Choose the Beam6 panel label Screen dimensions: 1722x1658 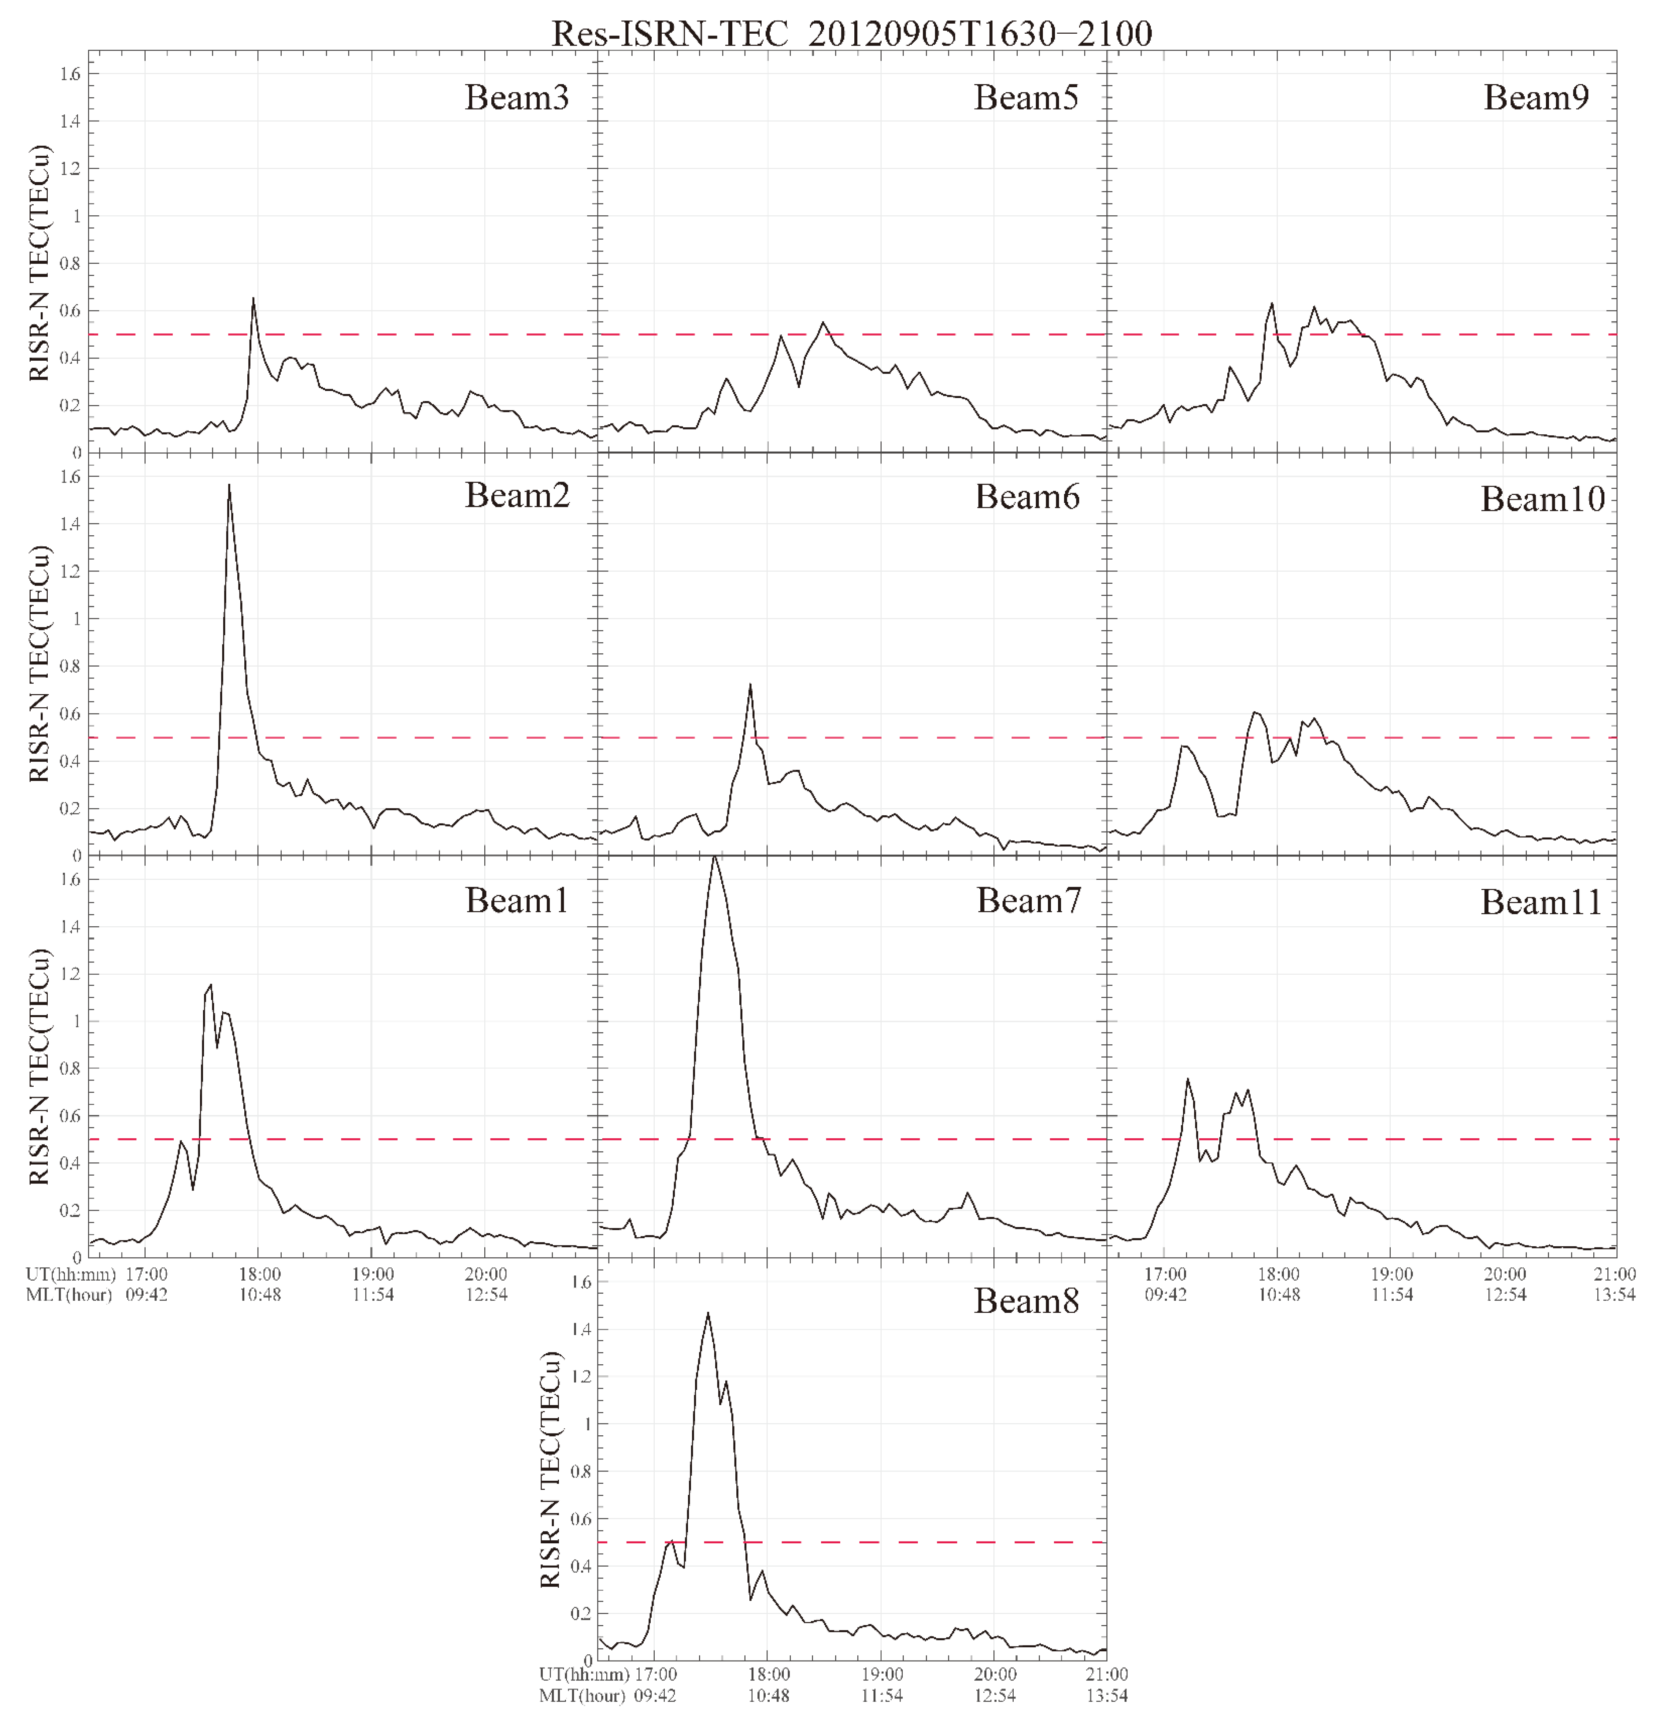click(1027, 497)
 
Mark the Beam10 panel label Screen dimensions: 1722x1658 click(1542, 499)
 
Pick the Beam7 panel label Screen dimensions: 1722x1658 click(1028, 900)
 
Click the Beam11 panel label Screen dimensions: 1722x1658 click(1541, 902)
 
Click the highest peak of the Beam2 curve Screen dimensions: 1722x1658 click(229, 485)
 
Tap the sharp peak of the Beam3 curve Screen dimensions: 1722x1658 click(253, 299)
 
